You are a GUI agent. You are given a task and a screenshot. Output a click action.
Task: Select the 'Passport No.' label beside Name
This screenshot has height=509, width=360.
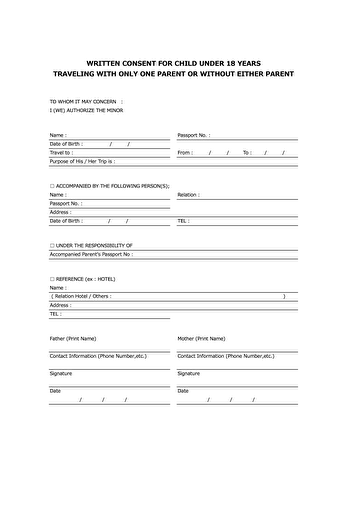point(193,134)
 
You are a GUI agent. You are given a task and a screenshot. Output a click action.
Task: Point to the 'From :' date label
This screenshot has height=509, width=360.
point(185,152)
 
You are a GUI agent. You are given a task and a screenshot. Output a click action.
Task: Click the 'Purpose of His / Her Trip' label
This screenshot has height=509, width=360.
point(82,161)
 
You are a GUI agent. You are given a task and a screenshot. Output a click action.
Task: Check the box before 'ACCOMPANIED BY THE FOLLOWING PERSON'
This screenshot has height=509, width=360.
point(52,186)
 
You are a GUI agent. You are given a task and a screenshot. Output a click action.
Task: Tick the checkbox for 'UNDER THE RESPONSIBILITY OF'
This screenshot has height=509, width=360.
point(52,245)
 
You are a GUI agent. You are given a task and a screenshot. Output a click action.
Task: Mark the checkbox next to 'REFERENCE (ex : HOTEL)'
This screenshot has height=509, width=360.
point(52,278)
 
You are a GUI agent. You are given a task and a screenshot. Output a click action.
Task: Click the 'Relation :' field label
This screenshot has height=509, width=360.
point(188,195)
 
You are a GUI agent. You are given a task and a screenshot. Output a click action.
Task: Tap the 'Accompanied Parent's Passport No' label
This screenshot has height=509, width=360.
point(91,254)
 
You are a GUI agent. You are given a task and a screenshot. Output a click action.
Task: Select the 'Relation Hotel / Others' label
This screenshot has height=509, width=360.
point(82,296)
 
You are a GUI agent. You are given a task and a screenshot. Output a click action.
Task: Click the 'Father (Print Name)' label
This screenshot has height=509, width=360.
point(73,338)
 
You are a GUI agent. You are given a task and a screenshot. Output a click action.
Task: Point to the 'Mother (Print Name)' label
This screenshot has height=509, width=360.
point(201,338)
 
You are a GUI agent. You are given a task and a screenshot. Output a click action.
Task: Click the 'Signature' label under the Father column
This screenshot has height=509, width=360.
point(61,373)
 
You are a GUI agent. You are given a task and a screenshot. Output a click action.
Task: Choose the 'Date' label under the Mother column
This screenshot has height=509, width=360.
point(183,391)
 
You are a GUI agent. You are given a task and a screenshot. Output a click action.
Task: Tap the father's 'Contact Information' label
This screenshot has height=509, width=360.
point(98,355)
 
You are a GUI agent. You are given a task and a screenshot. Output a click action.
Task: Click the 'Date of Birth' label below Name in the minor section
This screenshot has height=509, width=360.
point(67,143)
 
